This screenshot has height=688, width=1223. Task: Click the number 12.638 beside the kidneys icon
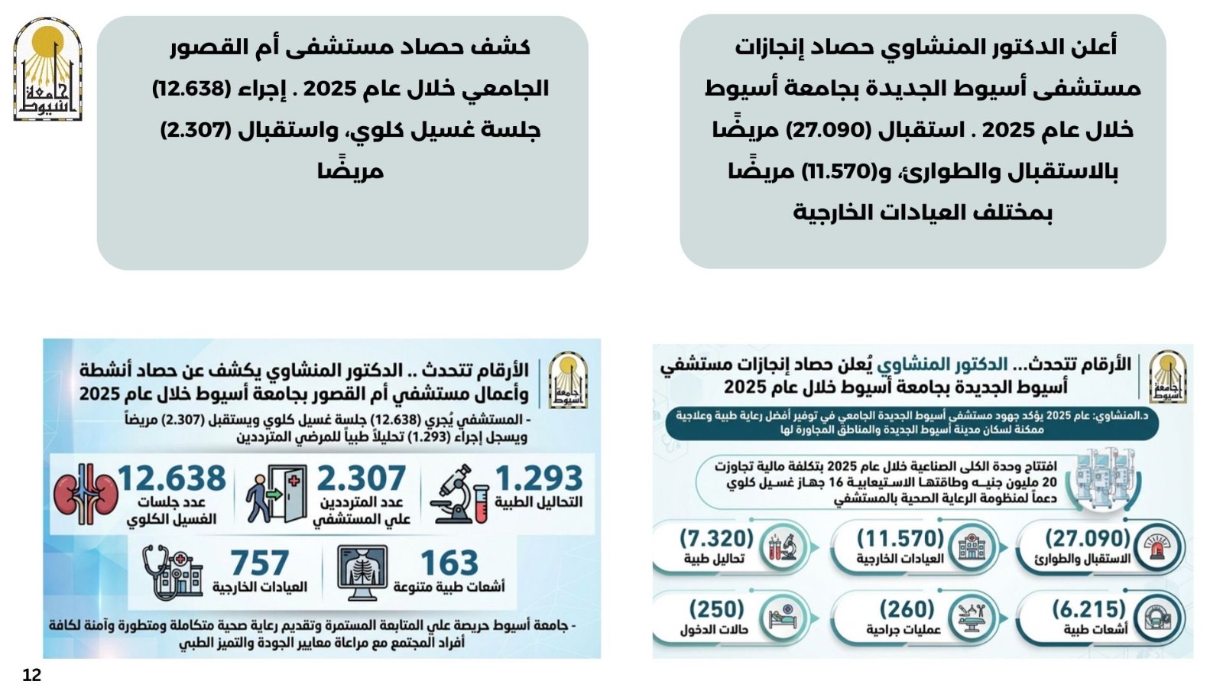[171, 479]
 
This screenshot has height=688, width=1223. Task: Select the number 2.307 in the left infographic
[361, 479]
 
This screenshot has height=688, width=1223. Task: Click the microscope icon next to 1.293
[459, 495]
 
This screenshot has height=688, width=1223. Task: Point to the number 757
[259, 563]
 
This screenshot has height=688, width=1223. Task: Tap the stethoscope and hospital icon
[173, 572]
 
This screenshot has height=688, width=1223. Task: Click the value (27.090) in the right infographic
[1086, 538]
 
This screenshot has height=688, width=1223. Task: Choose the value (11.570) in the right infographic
[900, 538]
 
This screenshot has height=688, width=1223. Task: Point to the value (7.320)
[716, 538]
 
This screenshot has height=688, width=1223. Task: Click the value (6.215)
[1088, 609]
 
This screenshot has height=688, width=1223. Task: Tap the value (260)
[907, 609]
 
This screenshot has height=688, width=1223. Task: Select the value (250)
[716, 609]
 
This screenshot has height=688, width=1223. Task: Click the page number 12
[31, 675]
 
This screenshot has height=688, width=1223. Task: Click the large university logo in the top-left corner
[47, 70]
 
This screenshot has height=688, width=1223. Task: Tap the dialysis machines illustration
[1104, 480]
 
